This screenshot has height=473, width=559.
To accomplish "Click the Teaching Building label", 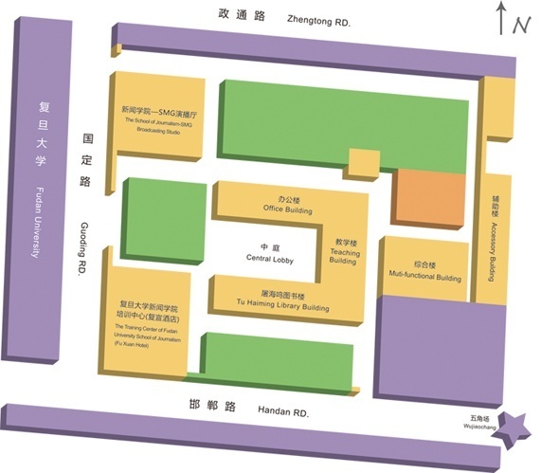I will pos(345,252).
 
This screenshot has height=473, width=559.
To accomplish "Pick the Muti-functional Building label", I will pos(424,272).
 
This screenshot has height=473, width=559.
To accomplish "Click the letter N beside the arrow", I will pos(521,27).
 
